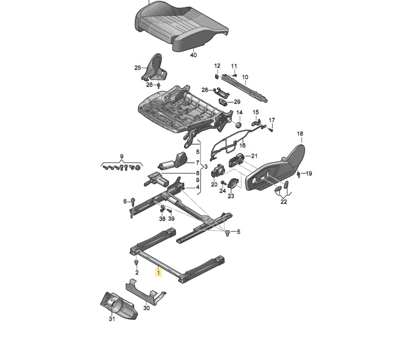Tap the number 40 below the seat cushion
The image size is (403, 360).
193,55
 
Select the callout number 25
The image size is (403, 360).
138,68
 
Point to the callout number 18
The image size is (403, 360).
300,134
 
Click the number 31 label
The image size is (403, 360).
112,319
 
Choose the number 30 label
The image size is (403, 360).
146,308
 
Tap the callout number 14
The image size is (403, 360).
239,112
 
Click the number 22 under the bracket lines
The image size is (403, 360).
284,202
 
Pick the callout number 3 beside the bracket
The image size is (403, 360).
206,167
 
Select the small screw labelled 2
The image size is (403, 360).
136,263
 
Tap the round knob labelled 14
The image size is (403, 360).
238,125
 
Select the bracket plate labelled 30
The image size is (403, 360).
144,292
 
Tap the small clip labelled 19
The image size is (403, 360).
298,174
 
